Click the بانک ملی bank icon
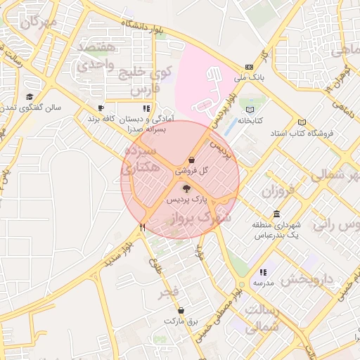pyautogui.click(x=249, y=67)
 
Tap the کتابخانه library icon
pyautogui.click(x=251, y=109)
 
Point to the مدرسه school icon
pyautogui.click(x=263, y=271)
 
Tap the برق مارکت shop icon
pyautogui.click(x=181, y=309)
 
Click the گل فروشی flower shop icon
pyautogui.click(x=192, y=160)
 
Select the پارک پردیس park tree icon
pyautogui.click(x=186, y=188)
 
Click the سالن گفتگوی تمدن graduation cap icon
pyautogui.click(x=30, y=96)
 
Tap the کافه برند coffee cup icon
pyautogui.click(x=101, y=108)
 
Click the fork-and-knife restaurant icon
pyautogui.click(x=143, y=227)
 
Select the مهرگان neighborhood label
pyautogui.click(x=39, y=22)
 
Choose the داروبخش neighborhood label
pyautogui.click(x=307, y=279)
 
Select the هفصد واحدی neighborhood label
pyautogui.click(x=96, y=55)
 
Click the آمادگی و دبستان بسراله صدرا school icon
pyautogui.click(x=146, y=108)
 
